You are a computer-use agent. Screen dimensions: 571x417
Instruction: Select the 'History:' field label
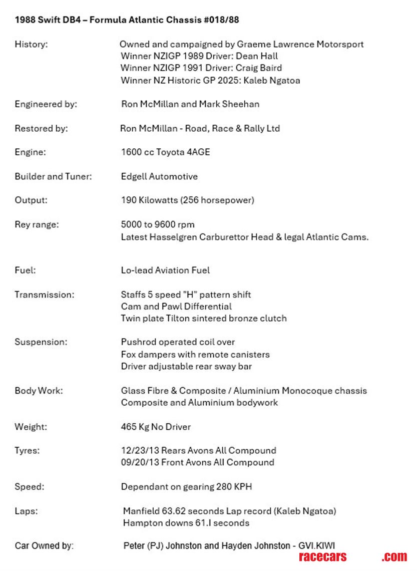pos(31,44)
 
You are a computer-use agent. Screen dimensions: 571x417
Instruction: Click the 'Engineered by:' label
pos(46,104)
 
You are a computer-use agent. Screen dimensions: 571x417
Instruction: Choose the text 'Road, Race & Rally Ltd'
pos(232,128)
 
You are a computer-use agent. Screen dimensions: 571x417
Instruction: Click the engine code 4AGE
pos(198,152)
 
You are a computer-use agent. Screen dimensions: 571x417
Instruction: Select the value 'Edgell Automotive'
pos(159,176)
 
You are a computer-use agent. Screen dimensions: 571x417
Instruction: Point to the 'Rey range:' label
pos(37,224)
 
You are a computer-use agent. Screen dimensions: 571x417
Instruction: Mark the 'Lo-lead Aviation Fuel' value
pos(165,270)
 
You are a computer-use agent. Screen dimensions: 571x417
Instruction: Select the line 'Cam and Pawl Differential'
pos(176,307)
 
